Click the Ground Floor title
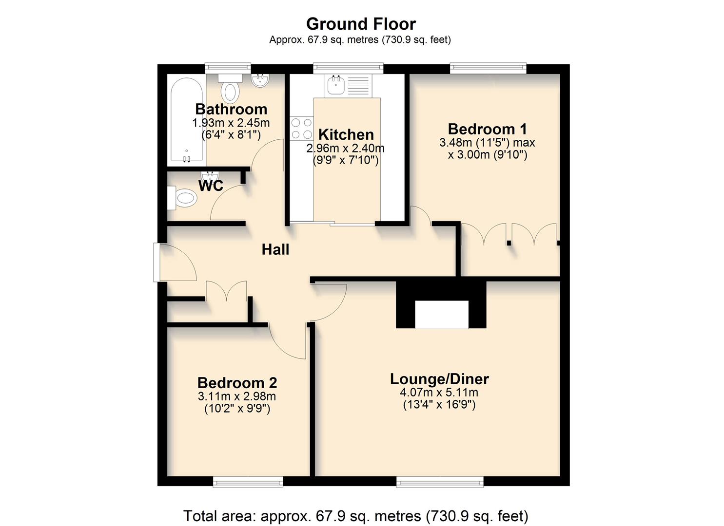361,24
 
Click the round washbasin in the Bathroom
260,80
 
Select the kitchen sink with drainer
348,85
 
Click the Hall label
275,250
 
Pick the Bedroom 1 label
487,129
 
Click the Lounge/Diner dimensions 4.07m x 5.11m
439,393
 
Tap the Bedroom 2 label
237,383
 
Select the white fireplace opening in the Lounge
441,315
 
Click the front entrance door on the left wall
157,263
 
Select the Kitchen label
346,134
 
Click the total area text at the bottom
355,515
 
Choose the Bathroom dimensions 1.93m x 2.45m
231,123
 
